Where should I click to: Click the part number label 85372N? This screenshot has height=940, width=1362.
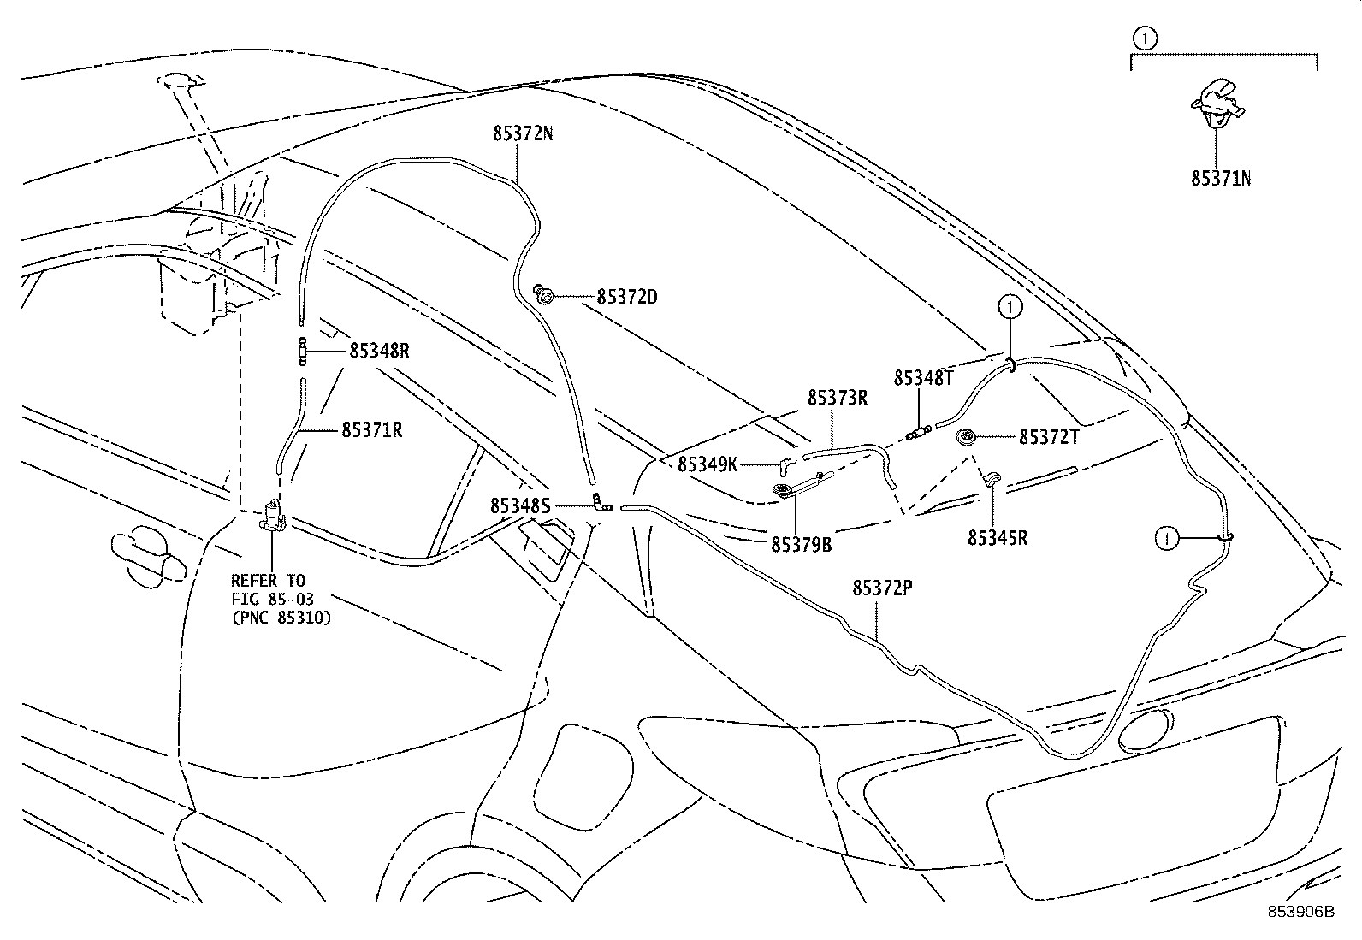522,133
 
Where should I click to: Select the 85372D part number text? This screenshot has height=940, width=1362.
627,298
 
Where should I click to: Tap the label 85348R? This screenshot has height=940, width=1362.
379,351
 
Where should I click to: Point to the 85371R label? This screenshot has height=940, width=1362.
372,430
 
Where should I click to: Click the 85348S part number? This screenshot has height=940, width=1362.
519,506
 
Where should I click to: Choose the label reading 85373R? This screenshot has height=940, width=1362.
838,398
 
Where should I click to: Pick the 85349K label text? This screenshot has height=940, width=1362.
708,464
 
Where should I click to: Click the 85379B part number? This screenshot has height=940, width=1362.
801,544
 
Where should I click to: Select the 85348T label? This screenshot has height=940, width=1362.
923,378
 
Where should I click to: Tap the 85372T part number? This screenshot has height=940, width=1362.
1049,437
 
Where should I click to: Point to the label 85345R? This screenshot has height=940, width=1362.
998,538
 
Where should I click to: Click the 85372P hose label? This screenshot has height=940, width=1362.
882,588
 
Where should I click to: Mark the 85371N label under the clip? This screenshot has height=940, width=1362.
1222,179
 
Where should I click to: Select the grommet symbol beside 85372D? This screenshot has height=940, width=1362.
542,296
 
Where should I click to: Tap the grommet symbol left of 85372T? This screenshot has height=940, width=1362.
968,437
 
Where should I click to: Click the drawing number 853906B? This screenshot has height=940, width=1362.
1300,911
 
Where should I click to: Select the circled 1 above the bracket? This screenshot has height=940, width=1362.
1144,38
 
